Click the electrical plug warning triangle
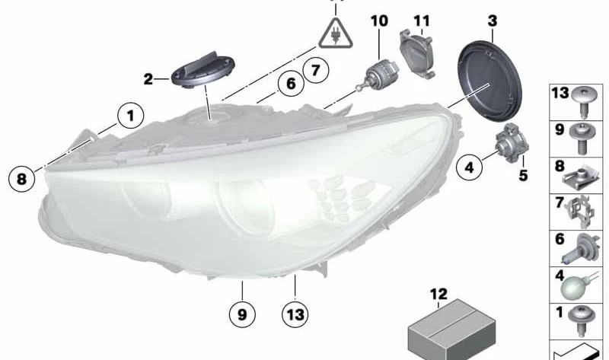(x=336, y=33)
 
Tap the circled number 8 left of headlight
(x=22, y=179)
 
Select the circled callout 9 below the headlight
(x=242, y=314)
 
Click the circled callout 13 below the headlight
(x=295, y=314)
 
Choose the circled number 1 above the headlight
(x=130, y=116)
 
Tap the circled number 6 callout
(x=291, y=84)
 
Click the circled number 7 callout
(x=316, y=70)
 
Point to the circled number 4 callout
(x=470, y=167)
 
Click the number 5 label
(x=523, y=176)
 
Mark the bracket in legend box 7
(x=580, y=212)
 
